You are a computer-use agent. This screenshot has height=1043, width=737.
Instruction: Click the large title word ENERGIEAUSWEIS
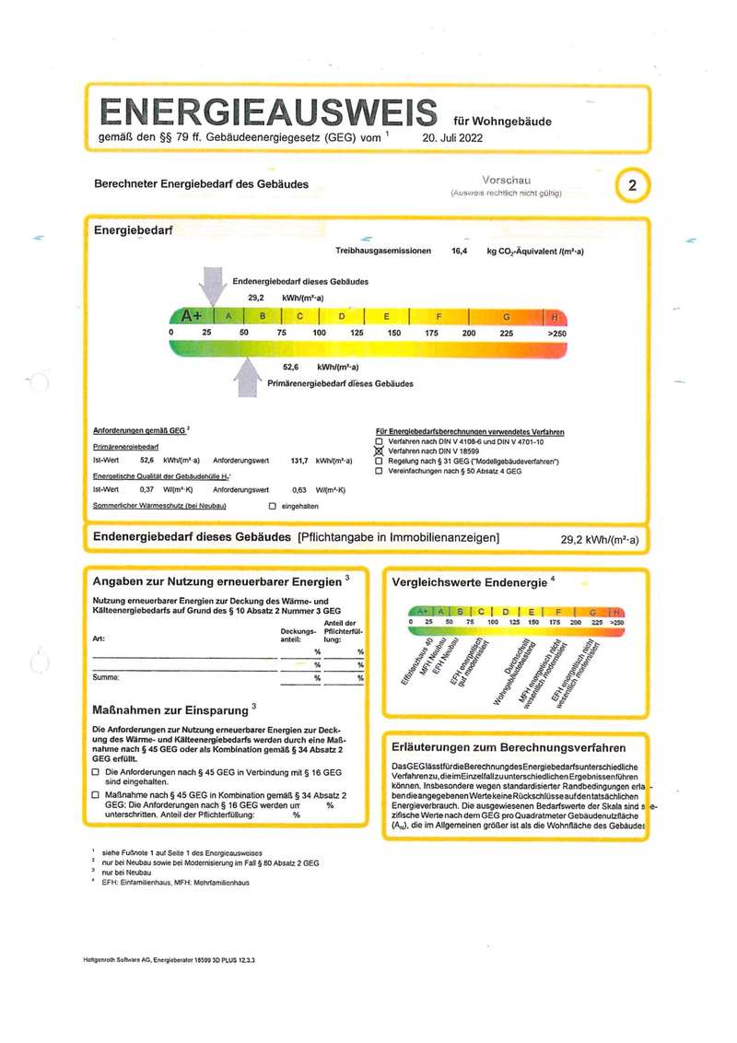point(267,112)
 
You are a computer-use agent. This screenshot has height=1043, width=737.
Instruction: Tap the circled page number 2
point(632,185)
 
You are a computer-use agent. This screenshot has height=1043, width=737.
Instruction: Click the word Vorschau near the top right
point(506,181)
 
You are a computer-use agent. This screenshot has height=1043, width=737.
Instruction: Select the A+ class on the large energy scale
point(192,316)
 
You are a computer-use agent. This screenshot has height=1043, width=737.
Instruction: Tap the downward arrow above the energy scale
point(212,285)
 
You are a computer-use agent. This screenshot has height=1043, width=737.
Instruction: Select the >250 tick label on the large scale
point(557,333)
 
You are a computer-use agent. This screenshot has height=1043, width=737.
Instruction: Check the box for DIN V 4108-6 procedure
point(379,441)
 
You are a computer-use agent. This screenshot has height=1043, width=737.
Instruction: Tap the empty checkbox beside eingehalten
point(272,507)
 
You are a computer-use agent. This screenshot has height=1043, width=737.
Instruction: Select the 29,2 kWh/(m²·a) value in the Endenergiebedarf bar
point(599,540)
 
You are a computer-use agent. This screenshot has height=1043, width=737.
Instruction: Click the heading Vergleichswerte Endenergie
point(469,583)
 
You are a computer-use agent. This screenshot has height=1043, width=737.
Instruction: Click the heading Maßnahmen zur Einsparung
point(170,711)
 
